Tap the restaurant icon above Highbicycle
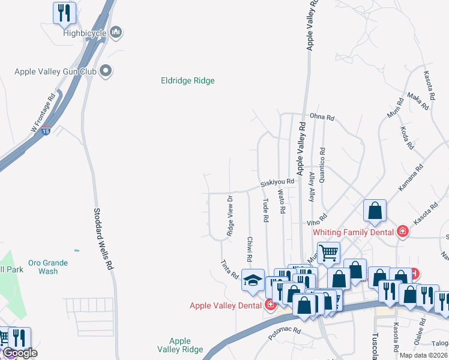(x=65, y=13)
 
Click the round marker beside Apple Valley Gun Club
(x=106, y=71)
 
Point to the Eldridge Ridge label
(x=187, y=80)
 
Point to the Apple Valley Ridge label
(x=179, y=345)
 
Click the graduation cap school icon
(x=253, y=280)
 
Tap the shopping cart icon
(x=328, y=253)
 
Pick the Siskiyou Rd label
(x=277, y=182)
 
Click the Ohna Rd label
(x=321, y=118)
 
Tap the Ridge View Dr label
(x=230, y=215)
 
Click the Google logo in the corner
(x=19, y=353)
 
